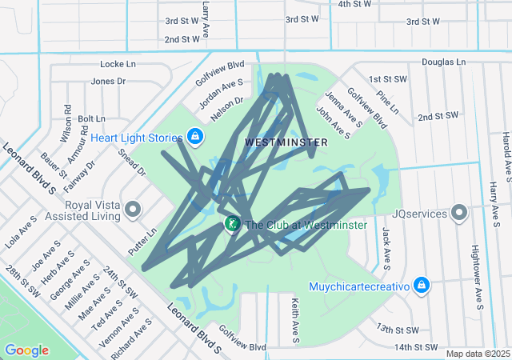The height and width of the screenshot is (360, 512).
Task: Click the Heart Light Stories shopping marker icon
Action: [x=195, y=138]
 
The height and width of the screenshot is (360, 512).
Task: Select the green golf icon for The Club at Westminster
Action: [x=232, y=225]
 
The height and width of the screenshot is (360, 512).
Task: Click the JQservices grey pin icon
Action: [x=459, y=214]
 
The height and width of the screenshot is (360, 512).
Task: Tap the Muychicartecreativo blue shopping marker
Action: [x=422, y=285]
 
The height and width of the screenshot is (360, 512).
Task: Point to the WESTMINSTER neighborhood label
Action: [x=286, y=142]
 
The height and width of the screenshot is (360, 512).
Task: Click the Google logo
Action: [x=26, y=350]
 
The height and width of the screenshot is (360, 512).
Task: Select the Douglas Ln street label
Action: [x=442, y=62]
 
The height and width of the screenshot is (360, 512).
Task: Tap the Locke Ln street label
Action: [x=118, y=63]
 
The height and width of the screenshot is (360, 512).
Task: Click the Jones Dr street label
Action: [x=109, y=81]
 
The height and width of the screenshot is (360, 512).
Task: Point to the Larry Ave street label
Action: [x=206, y=19]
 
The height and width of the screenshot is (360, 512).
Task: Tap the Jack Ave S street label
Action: [x=386, y=247]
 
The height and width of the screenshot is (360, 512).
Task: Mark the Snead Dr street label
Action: [x=132, y=162]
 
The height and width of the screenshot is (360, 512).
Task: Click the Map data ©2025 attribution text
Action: [x=478, y=354]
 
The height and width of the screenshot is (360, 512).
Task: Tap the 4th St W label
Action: [x=355, y=4]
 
